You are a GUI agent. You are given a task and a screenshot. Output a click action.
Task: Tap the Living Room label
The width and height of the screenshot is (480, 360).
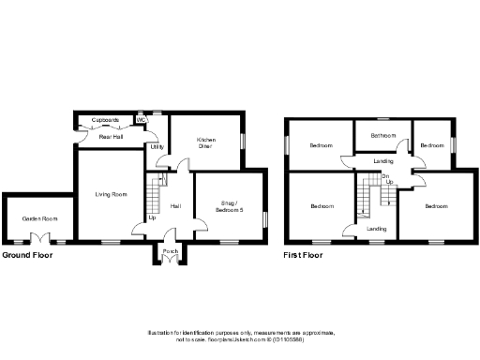click(112, 194)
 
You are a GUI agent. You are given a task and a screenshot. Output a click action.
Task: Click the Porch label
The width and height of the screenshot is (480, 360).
click(171, 251)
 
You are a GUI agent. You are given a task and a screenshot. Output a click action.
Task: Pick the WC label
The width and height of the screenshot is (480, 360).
click(141, 120)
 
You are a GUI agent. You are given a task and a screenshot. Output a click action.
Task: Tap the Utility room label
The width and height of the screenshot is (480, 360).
click(156, 147)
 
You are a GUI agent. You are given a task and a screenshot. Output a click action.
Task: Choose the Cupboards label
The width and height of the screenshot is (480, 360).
click(104, 120)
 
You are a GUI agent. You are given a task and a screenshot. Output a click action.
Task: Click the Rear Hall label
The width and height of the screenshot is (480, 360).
click(111, 138)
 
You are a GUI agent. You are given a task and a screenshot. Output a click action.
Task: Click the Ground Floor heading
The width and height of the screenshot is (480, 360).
click(27, 254)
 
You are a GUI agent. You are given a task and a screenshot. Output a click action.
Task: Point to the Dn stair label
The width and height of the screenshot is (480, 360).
click(384, 175)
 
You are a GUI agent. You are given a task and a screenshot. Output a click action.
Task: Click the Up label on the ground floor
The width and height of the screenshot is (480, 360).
click(152, 218)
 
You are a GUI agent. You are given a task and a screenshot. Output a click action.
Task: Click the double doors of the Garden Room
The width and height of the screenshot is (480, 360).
click(40, 238)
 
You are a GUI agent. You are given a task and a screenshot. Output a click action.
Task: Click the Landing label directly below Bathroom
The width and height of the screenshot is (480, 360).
click(383, 160)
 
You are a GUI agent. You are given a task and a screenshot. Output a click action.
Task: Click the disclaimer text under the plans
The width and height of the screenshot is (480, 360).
click(240, 336)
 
